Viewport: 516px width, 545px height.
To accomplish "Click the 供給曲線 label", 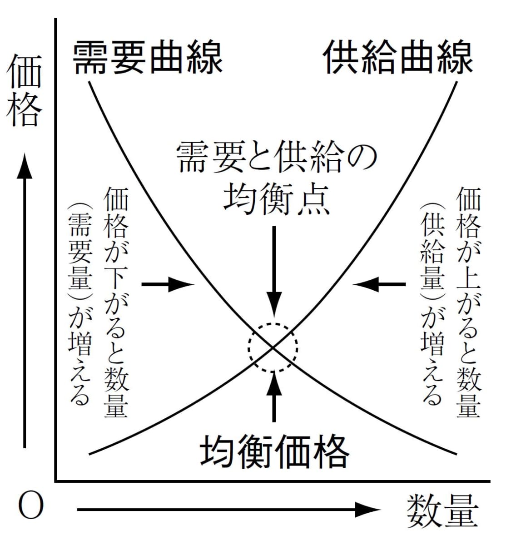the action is click(x=398, y=57).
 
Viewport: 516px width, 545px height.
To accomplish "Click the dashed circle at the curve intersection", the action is click(x=248, y=347).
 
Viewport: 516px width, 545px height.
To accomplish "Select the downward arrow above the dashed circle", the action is click(x=274, y=272).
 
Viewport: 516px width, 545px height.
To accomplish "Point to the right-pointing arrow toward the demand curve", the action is click(x=168, y=284).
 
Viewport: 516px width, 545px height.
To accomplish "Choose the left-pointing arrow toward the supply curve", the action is click(x=379, y=284).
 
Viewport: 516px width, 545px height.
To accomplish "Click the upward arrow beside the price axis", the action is click(x=25, y=301).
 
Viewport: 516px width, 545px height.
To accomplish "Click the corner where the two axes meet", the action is click(x=56, y=481).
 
